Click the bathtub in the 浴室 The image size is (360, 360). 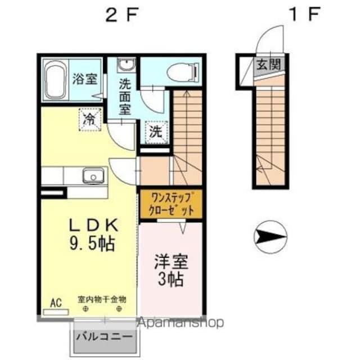tap(55, 82)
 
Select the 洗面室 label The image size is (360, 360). tap(124, 95)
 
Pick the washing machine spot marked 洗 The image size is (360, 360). tap(156, 132)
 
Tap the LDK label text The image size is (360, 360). tap(93, 225)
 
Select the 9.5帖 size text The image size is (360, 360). tap(93, 243)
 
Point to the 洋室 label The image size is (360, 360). tap(171, 262)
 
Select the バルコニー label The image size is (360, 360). tap(105, 339)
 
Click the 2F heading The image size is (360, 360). tap(122, 15)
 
